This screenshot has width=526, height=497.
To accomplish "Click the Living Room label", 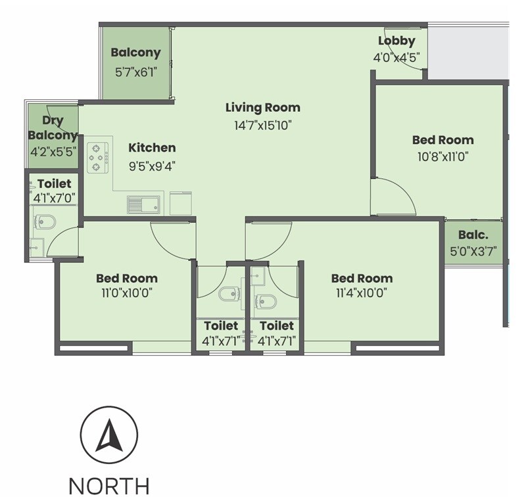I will click(262, 107).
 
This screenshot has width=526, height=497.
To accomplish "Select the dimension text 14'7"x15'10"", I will click(262, 124).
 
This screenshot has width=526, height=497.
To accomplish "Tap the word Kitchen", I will click(152, 148).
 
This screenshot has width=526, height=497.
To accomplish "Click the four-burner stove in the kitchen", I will click(98, 157).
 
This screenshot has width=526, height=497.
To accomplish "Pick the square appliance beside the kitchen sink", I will click(181, 203).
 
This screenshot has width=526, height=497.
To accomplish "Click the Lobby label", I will click(396, 41).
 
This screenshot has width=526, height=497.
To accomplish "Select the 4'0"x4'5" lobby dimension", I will click(396, 57).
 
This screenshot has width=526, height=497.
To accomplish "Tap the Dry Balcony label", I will click(53, 128).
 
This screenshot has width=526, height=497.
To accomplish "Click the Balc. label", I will click(473, 235).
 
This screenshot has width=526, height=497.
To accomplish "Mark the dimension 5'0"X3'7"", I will click(473, 250).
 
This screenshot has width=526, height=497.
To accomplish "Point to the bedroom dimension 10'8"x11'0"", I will click(442, 156).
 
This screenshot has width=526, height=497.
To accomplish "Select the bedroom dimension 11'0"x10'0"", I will click(127, 293).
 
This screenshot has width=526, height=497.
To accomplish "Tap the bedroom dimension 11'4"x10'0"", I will click(362, 293).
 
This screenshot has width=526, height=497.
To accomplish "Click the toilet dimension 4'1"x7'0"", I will click(54, 197).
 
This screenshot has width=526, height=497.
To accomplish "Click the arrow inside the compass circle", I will click(109, 435).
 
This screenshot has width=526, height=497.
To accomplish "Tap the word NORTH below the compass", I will click(109, 486).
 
